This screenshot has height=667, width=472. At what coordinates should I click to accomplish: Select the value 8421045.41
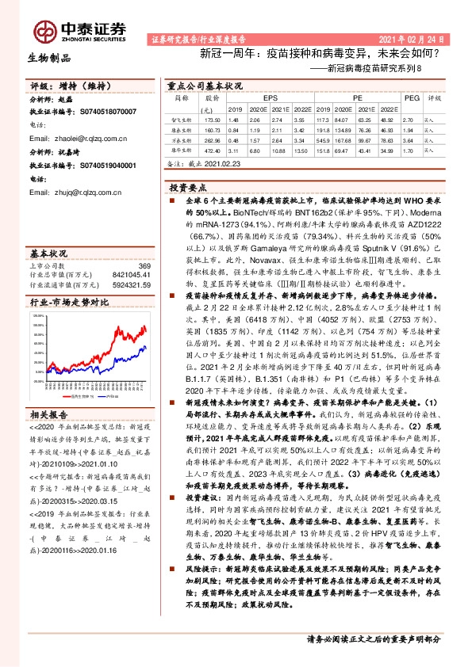point(132,275)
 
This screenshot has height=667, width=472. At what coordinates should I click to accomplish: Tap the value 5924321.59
point(132,284)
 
